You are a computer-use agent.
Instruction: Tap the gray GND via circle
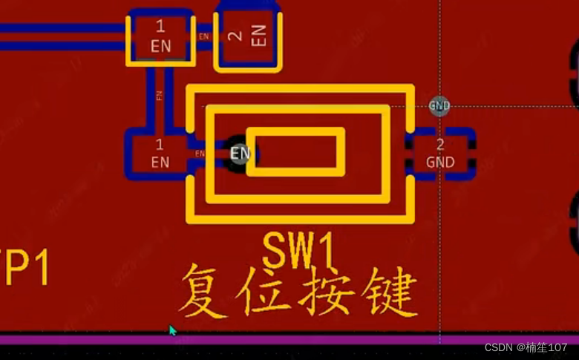(439, 106)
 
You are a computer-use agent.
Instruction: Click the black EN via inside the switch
(239, 154)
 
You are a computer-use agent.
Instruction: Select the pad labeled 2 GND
(440, 154)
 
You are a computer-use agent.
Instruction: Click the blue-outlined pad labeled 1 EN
(160, 154)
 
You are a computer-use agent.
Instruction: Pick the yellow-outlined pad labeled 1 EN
(160, 37)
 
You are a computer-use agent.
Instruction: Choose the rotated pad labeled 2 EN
(248, 36)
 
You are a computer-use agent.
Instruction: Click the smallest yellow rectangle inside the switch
(295, 152)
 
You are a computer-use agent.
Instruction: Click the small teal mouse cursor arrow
(173, 330)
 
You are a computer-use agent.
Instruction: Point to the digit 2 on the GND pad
(440, 145)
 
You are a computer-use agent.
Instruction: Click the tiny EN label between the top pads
(204, 36)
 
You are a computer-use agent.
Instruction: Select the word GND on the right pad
(440, 162)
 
